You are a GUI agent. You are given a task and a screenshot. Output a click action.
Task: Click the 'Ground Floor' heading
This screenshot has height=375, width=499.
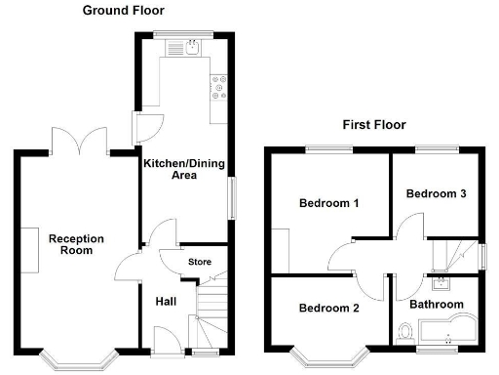(123, 11)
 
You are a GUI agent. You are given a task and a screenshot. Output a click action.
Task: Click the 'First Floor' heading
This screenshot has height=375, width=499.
(373, 125)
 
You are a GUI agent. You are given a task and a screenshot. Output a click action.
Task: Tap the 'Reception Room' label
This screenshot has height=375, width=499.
(76, 244)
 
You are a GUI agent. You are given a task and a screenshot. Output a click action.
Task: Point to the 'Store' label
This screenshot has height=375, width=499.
(200, 261)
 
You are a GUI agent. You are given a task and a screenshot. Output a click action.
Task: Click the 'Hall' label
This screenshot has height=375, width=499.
(166, 302)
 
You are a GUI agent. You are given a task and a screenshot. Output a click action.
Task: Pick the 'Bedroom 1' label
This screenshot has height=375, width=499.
(329, 204)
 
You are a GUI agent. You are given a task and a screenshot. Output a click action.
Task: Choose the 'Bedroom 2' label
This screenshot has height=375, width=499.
(329, 308)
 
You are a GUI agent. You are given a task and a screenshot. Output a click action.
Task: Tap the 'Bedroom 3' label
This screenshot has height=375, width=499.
(436, 193)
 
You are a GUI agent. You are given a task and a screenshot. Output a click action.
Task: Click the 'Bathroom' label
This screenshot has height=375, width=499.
(436, 305)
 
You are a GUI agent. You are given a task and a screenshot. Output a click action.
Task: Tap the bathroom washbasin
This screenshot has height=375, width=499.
(441, 284)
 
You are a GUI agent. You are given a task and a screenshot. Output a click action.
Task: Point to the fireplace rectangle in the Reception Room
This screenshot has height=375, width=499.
(32, 243)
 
